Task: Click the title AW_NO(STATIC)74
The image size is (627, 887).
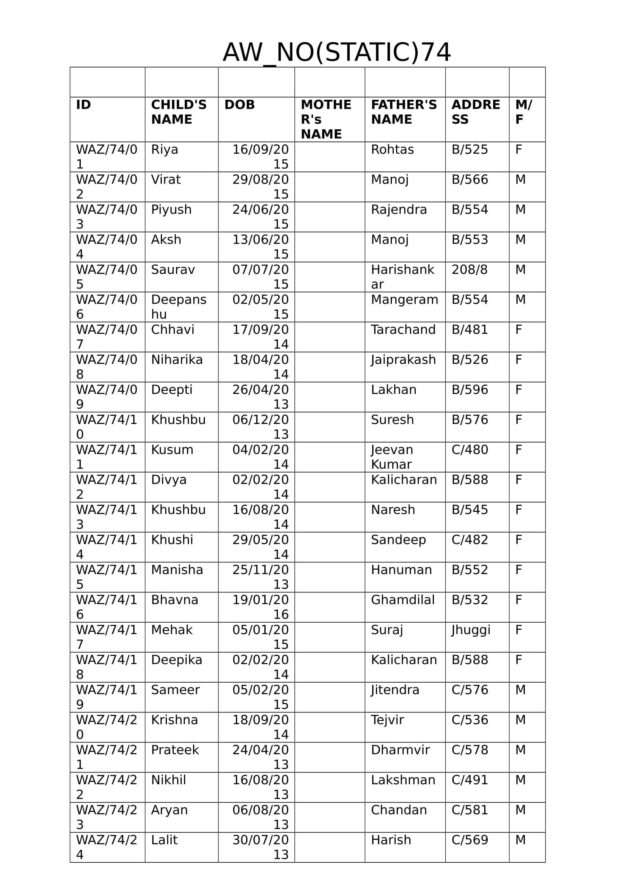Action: pos(336,53)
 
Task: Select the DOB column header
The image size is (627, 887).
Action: pos(239,105)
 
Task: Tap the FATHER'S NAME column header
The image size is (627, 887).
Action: pos(404,112)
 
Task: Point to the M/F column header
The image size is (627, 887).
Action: pos(523,112)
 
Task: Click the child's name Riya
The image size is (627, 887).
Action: pos(165,149)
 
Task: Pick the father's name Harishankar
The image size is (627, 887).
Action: pos(402,276)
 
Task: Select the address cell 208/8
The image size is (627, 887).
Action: pos(469,270)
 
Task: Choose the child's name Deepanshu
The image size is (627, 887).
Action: pos(179,307)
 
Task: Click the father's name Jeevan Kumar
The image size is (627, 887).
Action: pos(392,457)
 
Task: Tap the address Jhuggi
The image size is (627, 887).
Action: pos(471,630)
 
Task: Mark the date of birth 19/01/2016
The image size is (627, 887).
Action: pos(260,607)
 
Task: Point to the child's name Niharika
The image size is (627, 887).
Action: pos(176,360)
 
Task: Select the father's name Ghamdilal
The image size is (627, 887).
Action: pos(402,600)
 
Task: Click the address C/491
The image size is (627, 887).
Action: pos(470,780)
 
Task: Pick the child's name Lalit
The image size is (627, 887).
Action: pos(164,840)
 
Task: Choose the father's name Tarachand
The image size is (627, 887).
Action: pos(403,330)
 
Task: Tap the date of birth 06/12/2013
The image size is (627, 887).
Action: pos(260,427)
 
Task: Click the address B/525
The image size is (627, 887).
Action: pos(470,149)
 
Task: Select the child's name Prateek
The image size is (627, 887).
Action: pos(174,750)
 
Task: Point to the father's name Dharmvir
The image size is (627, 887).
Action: pos(400,750)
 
